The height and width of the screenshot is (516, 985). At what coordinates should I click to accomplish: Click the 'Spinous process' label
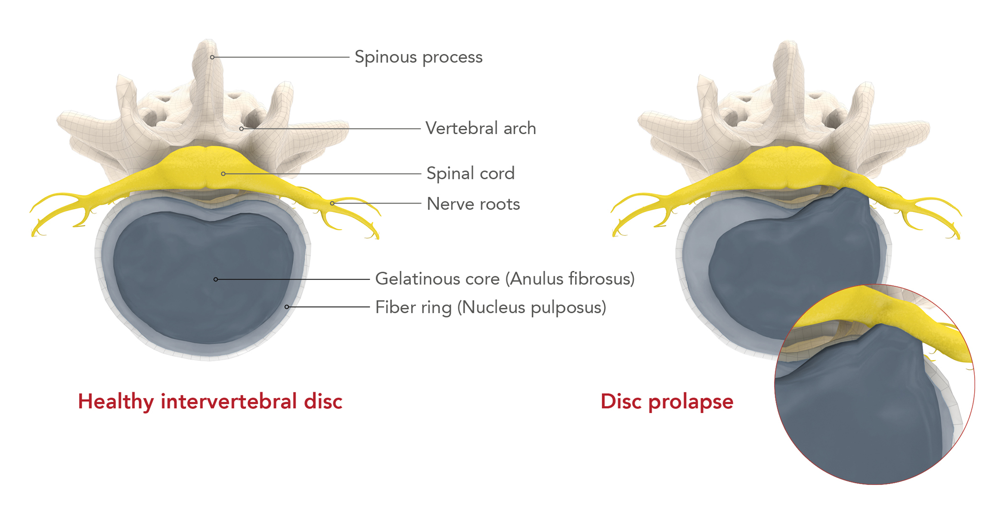(418, 57)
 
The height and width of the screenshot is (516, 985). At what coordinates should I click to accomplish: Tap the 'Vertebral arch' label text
(480, 129)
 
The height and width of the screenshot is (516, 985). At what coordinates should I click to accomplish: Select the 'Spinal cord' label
(470, 173)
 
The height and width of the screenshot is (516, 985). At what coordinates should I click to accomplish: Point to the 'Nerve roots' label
(473, 204)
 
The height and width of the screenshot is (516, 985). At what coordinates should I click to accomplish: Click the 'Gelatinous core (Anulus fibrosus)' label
(505, 279)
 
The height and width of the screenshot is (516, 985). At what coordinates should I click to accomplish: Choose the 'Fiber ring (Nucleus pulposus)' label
(491, 308)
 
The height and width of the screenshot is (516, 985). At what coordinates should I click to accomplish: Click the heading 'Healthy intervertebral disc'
(210, 401)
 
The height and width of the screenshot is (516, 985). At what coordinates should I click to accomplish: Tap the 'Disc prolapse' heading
(667, 401)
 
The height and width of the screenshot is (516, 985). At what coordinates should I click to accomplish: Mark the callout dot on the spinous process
(212, 57)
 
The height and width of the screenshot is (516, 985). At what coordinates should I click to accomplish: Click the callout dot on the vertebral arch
(241, 129)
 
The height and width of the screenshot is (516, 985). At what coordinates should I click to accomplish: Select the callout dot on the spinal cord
(223, 173)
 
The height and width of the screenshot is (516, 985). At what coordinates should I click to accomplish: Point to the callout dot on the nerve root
(332, 203)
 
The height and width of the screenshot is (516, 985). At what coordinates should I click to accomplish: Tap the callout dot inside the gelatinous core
(216, 279)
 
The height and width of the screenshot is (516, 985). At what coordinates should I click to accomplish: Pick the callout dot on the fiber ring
(287, 307)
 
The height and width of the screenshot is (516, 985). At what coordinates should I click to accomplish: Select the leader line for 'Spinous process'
(281, 57)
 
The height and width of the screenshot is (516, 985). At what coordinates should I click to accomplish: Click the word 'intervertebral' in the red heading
(229, 401)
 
